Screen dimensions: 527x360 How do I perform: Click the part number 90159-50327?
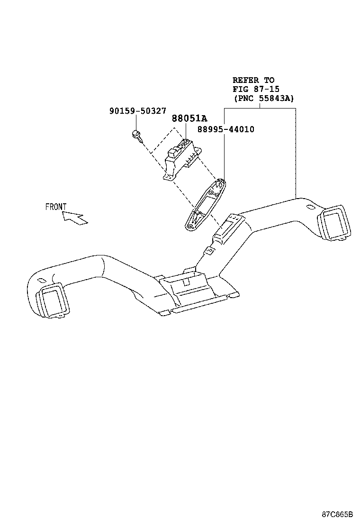137,111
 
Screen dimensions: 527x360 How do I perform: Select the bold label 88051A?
189,119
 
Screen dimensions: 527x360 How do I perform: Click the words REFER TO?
253,80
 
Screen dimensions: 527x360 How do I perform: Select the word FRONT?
56,207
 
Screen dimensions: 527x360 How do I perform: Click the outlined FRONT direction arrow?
74,218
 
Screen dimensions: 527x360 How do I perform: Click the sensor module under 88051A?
182,159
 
